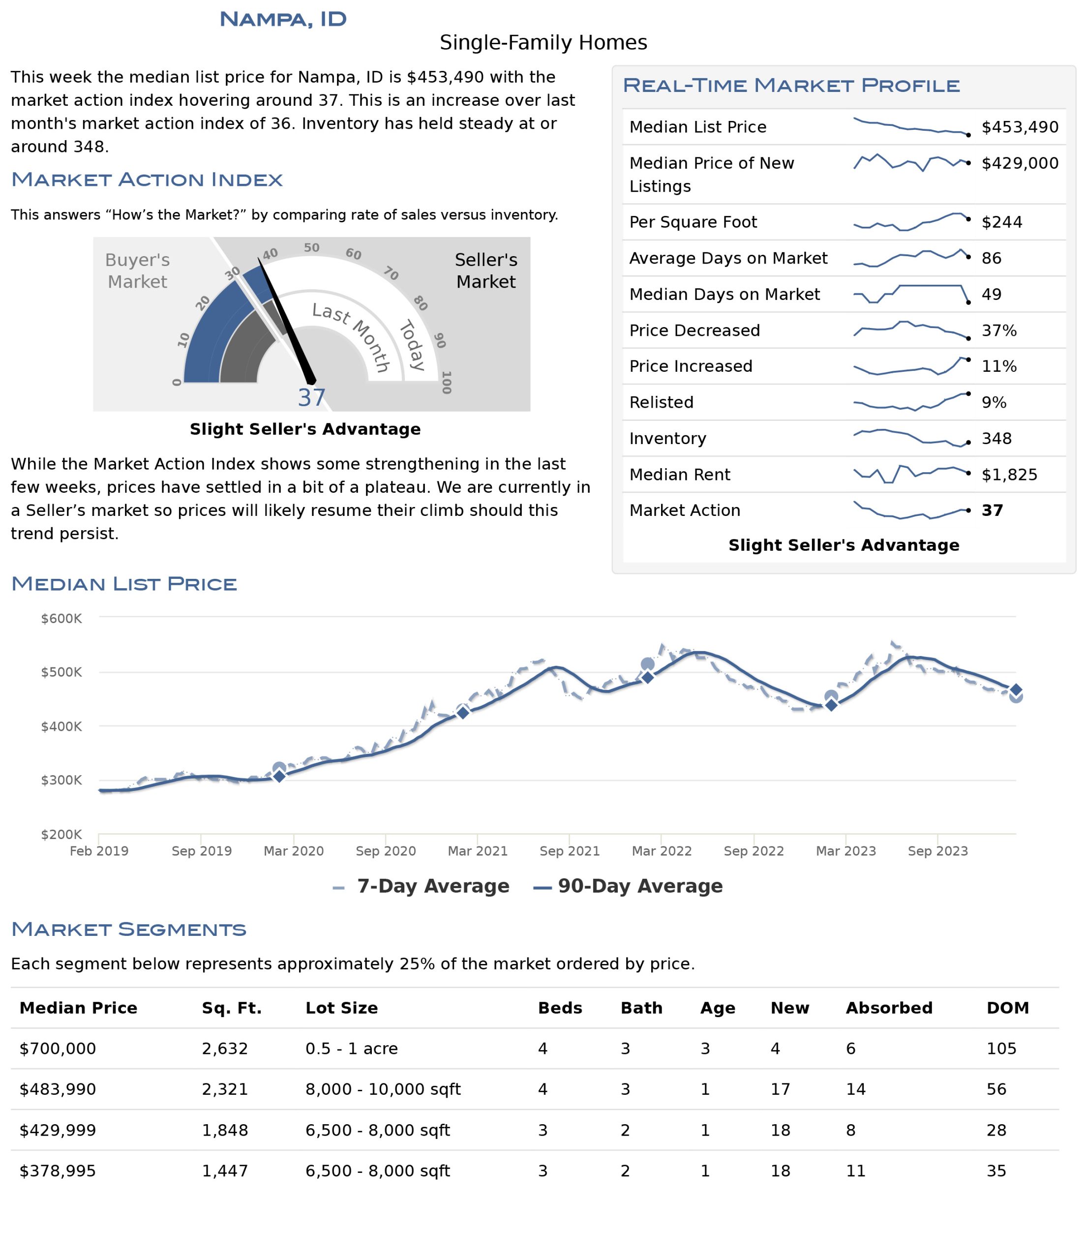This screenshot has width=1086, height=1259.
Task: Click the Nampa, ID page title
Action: (283, 20)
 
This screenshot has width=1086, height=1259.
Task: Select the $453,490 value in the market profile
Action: (1020, 127)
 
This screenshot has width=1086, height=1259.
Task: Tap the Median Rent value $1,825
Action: (1009, 475)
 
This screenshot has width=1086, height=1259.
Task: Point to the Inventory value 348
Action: (996, 438)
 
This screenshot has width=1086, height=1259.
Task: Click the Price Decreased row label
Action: (694, 330)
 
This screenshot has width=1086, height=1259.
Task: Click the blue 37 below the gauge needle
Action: (312, 397)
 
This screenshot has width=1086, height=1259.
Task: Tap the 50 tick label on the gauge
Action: (312, 248)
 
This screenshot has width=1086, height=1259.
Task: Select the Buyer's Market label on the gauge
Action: (137, 270)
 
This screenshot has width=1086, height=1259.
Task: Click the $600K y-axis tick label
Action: (61, 619)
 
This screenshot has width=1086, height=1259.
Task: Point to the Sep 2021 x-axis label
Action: (570, 851)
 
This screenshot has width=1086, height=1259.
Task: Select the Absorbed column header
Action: (889, 1008)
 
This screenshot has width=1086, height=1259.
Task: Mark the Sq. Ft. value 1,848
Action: (225, 1130)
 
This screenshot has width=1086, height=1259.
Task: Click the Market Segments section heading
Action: (129, 929)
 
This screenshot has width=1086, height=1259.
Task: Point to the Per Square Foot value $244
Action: (1001, 222)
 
